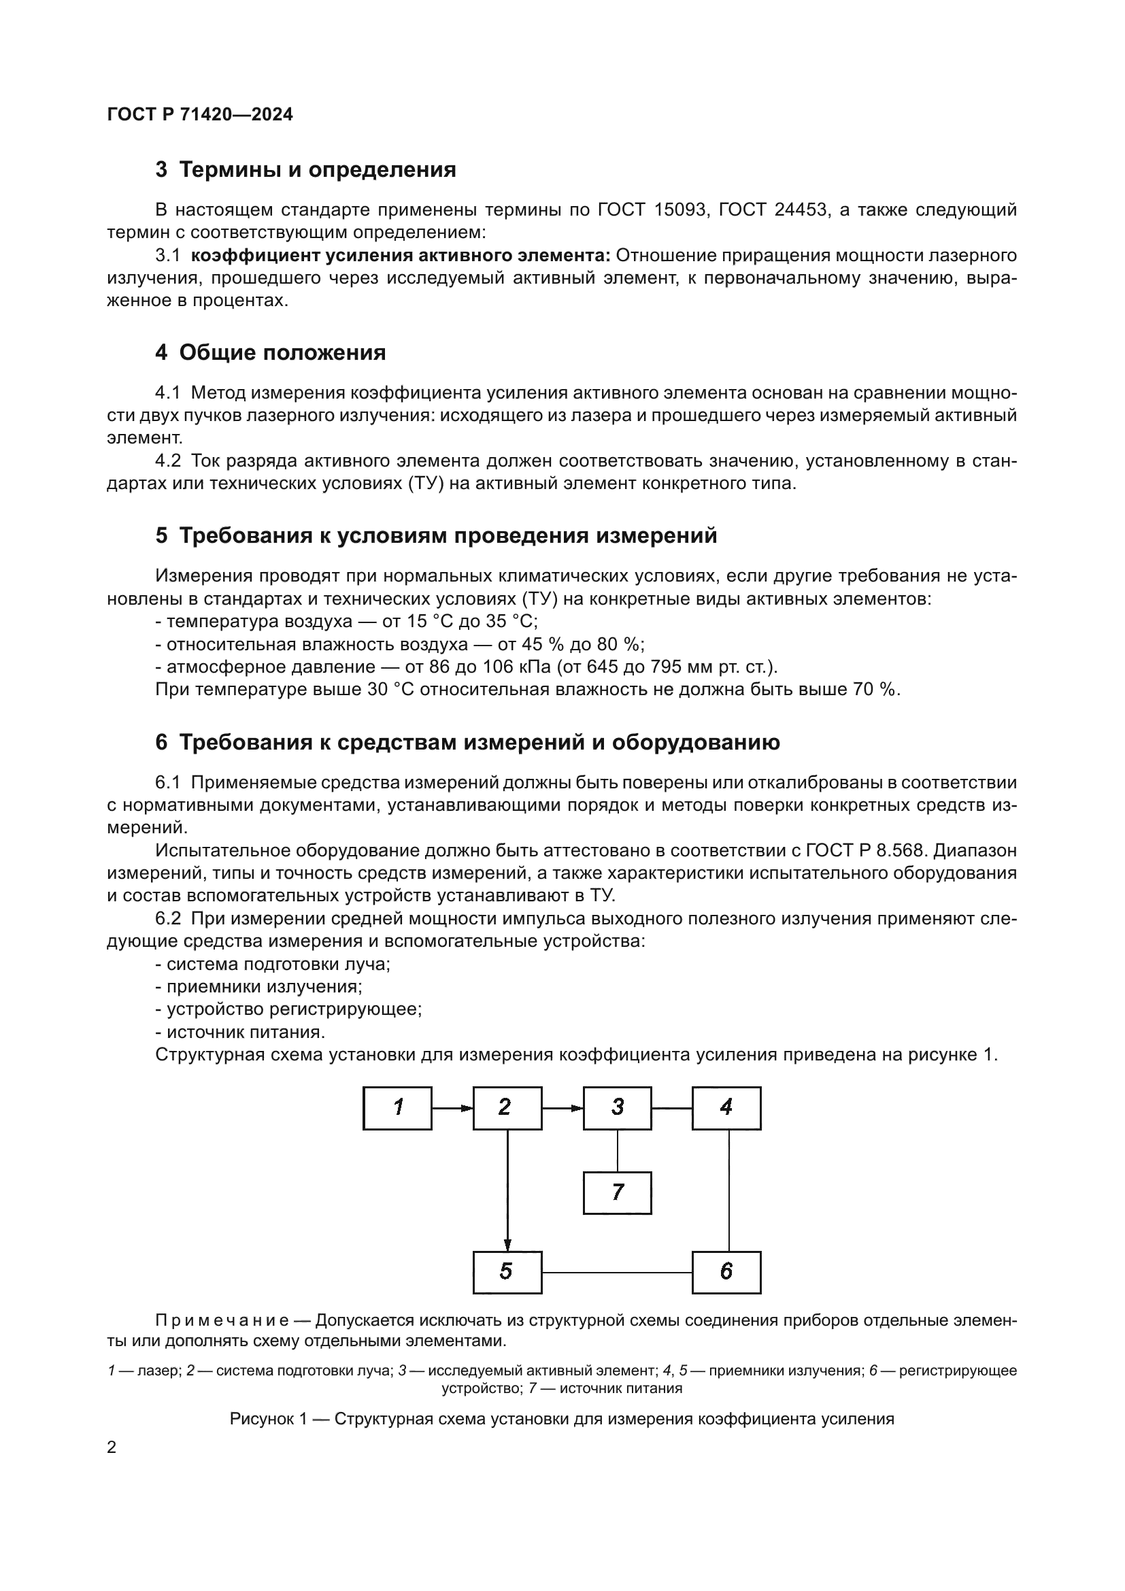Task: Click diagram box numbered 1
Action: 397,1108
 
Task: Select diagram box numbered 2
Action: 507,1108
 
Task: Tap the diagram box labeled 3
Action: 616,1108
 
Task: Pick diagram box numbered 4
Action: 726,1108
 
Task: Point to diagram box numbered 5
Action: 507,1272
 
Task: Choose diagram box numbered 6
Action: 726,1272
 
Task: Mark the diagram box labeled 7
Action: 616,1192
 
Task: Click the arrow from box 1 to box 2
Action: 452,1108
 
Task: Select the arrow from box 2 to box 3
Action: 562,1108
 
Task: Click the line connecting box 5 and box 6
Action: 616,1273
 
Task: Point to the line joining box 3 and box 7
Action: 617,1150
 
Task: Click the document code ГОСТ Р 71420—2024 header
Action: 200,115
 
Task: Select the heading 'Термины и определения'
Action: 317,170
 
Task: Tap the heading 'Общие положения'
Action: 282,353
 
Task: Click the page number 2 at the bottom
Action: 112,1447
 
